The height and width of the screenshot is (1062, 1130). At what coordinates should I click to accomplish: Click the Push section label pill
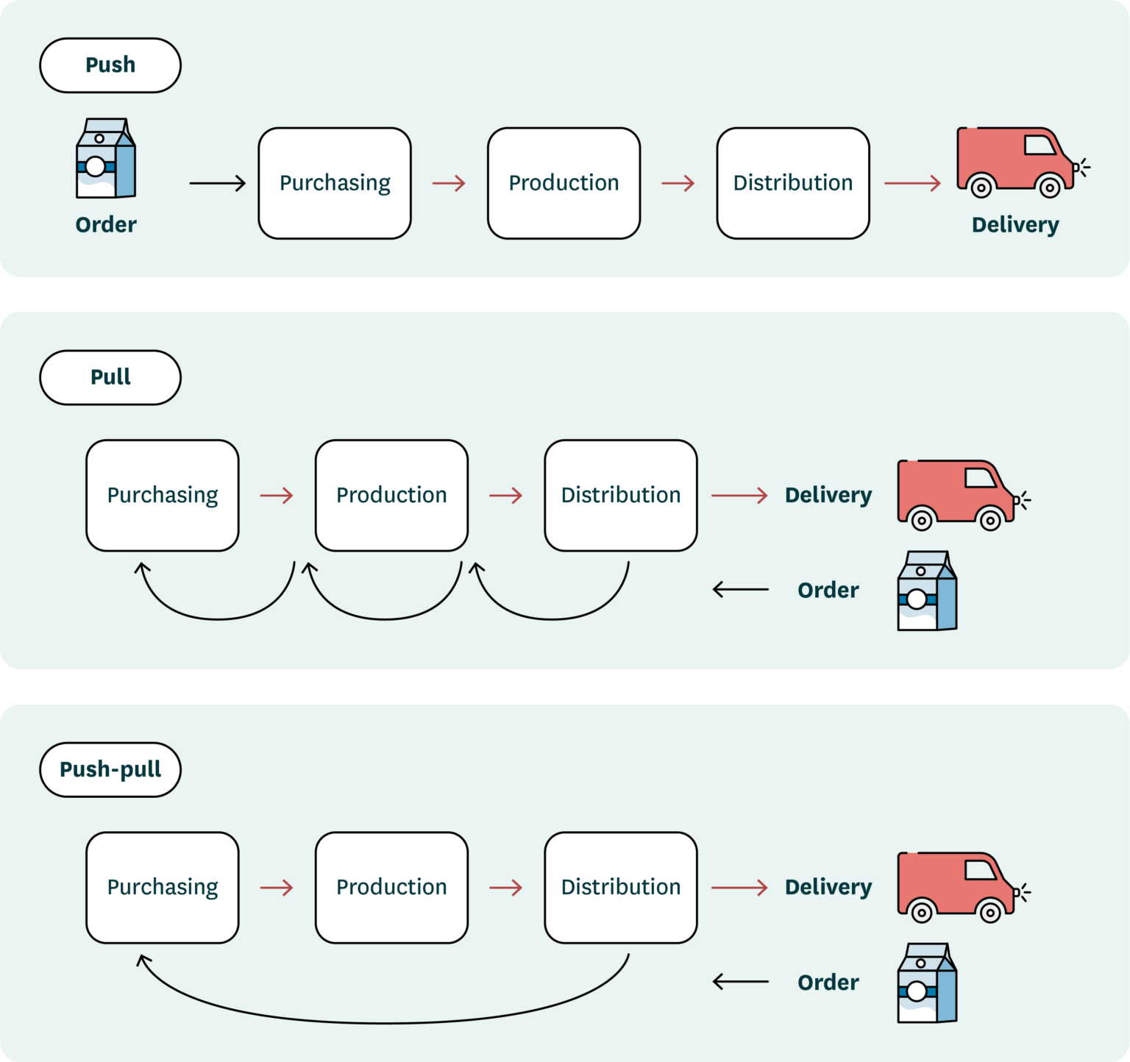coord(110,65)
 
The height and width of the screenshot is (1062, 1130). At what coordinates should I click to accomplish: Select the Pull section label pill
coord(110,377)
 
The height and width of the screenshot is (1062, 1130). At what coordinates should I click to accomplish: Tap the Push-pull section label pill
coord(110,769)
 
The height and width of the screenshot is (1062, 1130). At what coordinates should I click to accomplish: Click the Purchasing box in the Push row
coord(335,183)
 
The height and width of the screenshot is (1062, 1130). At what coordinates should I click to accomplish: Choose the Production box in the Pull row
coord(391,495)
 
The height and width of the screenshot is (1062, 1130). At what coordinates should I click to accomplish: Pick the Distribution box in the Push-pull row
coord(620,887)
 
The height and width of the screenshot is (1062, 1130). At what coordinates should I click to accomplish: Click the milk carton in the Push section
coord(105,158)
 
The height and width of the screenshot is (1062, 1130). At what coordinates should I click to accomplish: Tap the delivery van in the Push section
coord(1015,162)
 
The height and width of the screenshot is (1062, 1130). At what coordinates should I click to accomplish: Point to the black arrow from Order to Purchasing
coord(217,183)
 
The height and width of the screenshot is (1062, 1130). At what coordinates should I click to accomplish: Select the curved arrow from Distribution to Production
coord(552,619)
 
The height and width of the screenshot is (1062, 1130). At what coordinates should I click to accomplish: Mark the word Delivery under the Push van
coord(1015,225)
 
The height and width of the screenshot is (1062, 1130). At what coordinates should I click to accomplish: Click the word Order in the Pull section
coord(828,590)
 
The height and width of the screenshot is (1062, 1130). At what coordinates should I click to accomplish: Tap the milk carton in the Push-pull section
coord(927,983)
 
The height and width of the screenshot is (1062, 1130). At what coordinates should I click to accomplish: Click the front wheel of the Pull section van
coord(990,521)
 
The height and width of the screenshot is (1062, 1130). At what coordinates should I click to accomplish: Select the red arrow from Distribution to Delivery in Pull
coord(739,496)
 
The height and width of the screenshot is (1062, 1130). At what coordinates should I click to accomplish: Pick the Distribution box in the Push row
coord(792,183)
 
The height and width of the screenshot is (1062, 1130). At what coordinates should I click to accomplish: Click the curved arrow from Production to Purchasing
coord(218,619)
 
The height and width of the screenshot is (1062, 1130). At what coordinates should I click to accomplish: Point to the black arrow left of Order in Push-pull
coord(740,981)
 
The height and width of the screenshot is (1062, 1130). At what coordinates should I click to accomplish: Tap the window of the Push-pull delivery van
coord(980,870)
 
